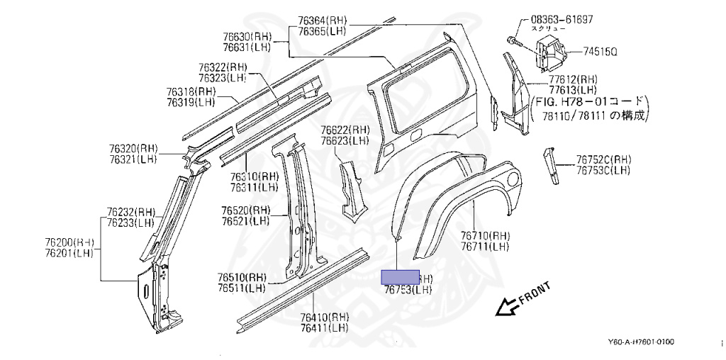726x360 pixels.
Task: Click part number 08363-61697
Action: (x=562, y=19)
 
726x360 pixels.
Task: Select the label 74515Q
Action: (x=601, y=52)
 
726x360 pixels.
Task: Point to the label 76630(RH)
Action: (x=247, y=37)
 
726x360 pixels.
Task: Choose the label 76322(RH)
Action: (x=223, y=67)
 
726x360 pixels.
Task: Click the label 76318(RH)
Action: (x=191, y=92)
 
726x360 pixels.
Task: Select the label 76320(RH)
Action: (x=134, y=149)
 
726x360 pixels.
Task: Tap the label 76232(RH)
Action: (x=131, y=211)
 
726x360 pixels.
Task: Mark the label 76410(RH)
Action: (x=324, y=317)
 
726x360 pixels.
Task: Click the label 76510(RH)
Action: (x=242, y=278)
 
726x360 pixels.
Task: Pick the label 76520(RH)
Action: (x=245, y=210)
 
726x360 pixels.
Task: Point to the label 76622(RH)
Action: (x=345, y=130)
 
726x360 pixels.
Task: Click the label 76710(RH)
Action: (x=485, y=236)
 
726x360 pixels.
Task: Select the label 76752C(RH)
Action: (x=603, y=159)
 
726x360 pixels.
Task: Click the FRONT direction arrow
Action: (x=507, y=305)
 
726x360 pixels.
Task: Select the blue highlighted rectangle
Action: (x=401, y=276)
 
